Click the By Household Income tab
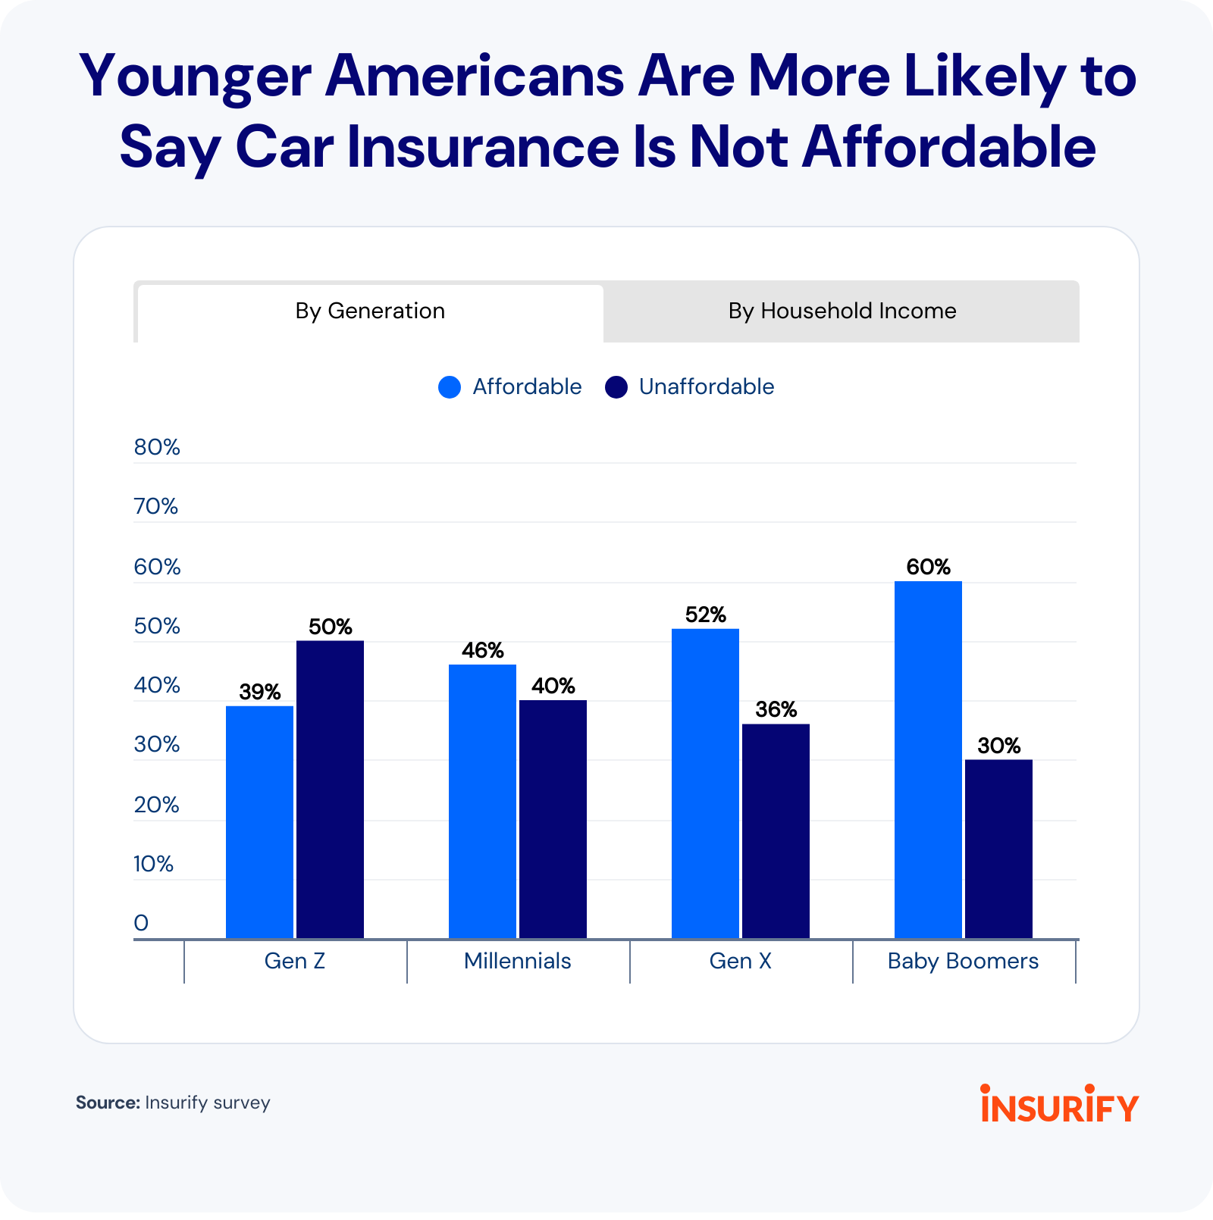tap(842, 311)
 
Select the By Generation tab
tap(370, 311)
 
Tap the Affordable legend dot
tap(450, 387)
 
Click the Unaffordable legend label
tap(706, 387)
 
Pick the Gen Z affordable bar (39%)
tap(259, 822)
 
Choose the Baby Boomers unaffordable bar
tap(998, 849)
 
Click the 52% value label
tap(705, 615)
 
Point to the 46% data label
tap(482, 650)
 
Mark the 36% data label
tap(776, 710)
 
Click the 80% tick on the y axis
tap(157, 447)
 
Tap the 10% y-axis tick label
tap(154, 864)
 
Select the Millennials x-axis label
tap(517, 961)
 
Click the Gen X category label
tap(740, 961)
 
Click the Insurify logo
tap(1059, 1104)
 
